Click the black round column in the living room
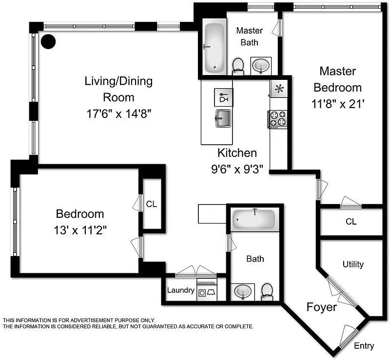coord(48,41)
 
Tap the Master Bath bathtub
coord(214,47)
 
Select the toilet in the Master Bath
coord(238,66)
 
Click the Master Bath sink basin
coord(261,66)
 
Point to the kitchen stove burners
coord(278,119)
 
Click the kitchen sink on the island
coord(223,118)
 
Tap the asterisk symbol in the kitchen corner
coord(279,88)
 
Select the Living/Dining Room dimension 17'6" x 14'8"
coord(119,114)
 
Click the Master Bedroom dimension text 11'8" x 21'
coord(337,104)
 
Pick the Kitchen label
coord(237,152)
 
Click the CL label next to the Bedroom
coord(152,204)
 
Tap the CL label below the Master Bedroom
coord(351,221)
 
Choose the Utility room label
coord(353,264)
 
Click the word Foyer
coord(322,307)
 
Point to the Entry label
coord(364,346)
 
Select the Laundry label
coord(181,290)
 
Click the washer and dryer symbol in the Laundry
coord(207,292)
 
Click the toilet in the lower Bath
coord(267,292)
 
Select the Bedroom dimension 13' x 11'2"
coord(80,230)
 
